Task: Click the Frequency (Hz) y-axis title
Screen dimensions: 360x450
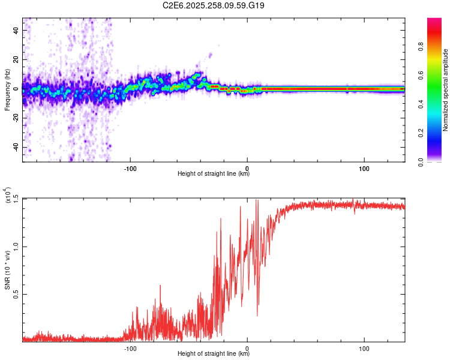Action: pos(7,89)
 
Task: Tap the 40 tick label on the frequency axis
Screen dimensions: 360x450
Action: pos(17,30)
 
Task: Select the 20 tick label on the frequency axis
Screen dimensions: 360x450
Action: pos(17,59)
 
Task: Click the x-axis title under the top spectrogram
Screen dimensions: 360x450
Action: pos(214,174)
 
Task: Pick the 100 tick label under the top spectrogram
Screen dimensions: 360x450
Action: pos(364,167)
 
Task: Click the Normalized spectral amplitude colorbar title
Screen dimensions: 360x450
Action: pos(446,89)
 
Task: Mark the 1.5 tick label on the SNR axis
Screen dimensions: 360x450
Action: pos(16,199)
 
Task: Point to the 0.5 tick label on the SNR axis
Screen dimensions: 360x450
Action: pos(16,294)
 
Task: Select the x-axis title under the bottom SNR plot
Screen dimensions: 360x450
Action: pos(214,354)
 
